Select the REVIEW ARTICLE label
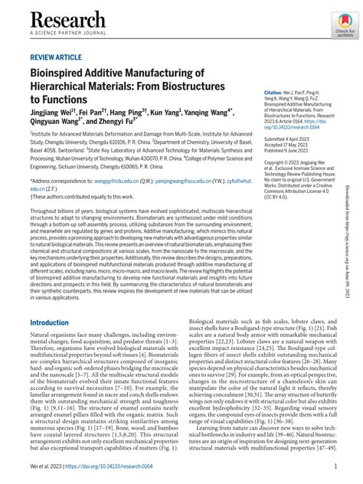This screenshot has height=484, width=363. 56,57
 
